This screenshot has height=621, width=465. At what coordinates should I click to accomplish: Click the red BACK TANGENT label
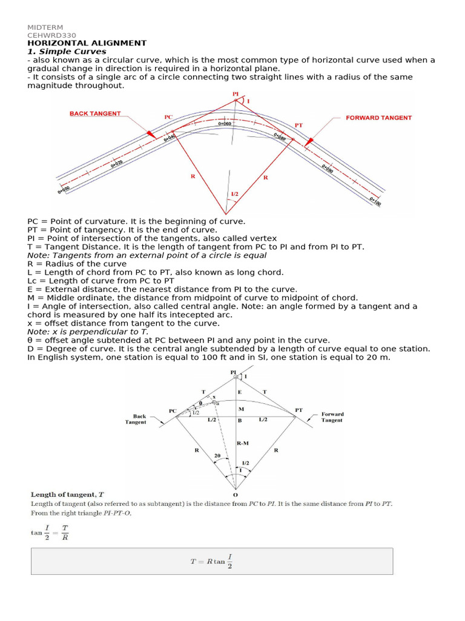[95, 113]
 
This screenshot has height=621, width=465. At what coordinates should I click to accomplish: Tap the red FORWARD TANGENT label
[378, 118]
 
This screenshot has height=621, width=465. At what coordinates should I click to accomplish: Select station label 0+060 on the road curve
[225, 123]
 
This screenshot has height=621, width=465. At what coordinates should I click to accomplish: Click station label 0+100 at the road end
[374, 201]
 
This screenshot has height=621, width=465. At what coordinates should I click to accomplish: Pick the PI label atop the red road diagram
[236, 95]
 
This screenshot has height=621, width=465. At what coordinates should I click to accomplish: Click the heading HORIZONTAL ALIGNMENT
[87, 43]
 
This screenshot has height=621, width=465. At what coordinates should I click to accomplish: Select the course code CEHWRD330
[51, 35]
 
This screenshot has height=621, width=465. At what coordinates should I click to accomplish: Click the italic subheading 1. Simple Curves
[67, 52]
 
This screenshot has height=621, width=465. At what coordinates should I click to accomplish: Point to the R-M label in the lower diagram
[242, 443]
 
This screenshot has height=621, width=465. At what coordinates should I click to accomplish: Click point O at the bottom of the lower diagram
[236, 495]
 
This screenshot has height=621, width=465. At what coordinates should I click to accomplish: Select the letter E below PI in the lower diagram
[240, 393]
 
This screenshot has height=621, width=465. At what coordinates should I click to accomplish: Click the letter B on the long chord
[240, 420]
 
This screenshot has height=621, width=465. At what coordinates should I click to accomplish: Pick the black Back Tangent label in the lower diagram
[139, 419]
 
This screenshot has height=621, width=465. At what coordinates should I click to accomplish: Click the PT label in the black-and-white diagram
[298, 410]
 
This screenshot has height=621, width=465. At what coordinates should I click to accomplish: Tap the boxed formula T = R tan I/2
[211, 562]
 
